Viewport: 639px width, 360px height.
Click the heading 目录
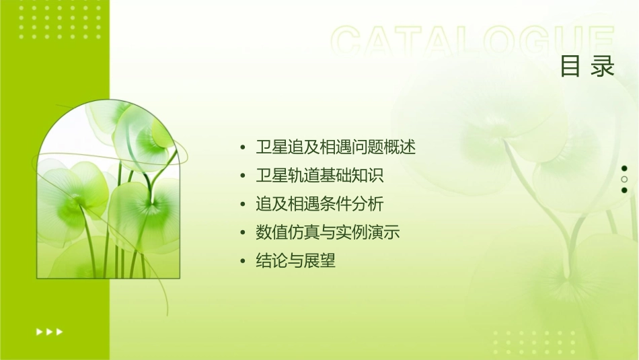(x=587, y=67)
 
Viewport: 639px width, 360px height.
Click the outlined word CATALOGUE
(x=473, y=41)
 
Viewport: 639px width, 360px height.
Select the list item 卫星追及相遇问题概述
(x=336, y=147)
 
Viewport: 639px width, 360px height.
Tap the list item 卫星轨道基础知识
(x=319, y=176)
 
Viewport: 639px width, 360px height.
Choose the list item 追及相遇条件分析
(x=319, y=204)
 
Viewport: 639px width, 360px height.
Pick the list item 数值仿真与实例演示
(x=328, y=233)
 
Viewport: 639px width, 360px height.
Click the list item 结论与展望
(x=295, y=261)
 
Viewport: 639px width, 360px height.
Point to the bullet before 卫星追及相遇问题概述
(x=243, y=147)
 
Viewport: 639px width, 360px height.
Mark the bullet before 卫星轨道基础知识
(x=243, y=176)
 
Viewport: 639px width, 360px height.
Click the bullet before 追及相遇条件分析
(x=243, y=205)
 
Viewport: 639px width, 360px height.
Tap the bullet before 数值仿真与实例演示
(x=243, y=233)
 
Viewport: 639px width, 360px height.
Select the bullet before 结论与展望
(x=243, y=262)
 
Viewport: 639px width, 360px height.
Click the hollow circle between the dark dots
(x=624, y=179)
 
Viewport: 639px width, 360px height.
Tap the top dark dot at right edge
(x=624, y=168)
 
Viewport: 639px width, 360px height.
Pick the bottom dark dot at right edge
(x=624, y=190)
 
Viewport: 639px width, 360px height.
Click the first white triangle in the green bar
(x=38, y=331)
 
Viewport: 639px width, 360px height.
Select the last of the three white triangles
(x=60, y=331)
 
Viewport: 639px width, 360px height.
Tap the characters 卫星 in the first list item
(x=271, y=147)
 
